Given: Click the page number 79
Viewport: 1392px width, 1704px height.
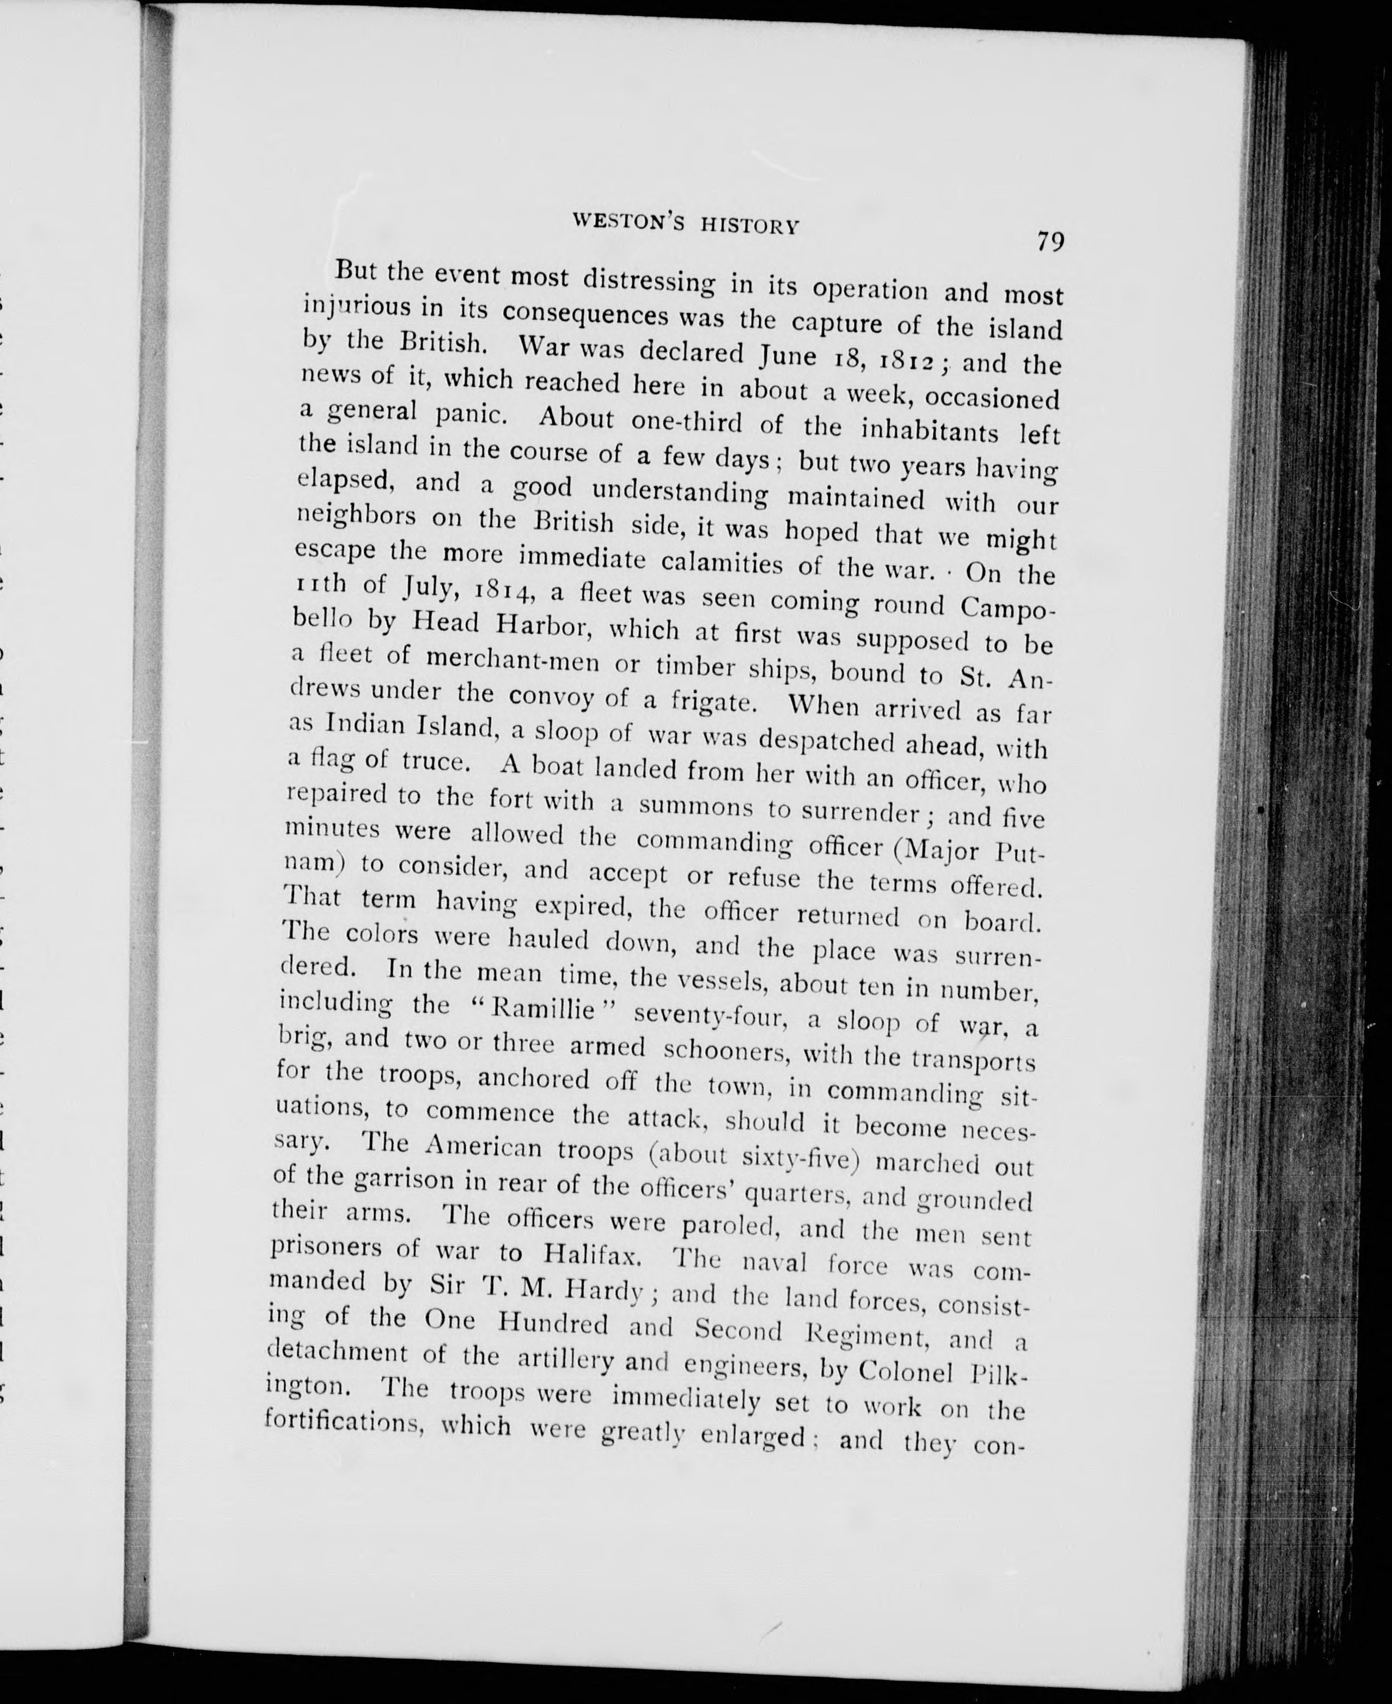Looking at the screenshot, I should pos(1049,241).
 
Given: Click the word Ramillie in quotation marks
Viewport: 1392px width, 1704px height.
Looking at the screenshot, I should pos(544,1009).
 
